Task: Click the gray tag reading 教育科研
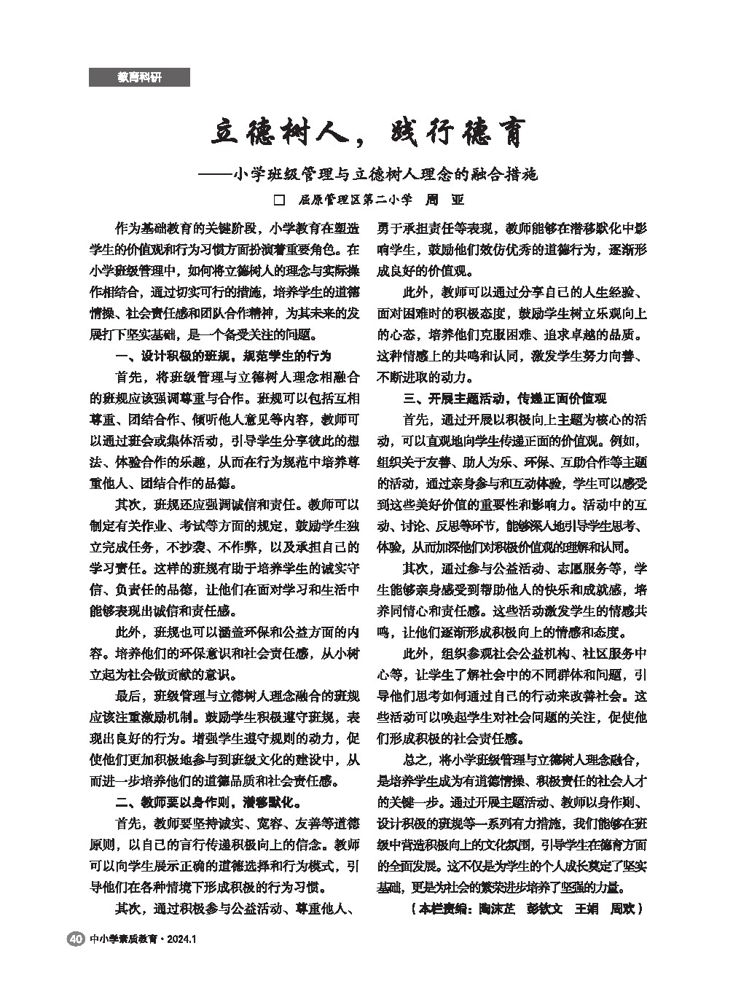[139, 77]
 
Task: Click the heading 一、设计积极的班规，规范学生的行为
[224, 356]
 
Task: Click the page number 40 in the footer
[74, 939]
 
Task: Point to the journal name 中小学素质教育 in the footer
[122, 939]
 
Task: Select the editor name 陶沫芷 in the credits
[493, 909]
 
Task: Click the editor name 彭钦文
[544, 909]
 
